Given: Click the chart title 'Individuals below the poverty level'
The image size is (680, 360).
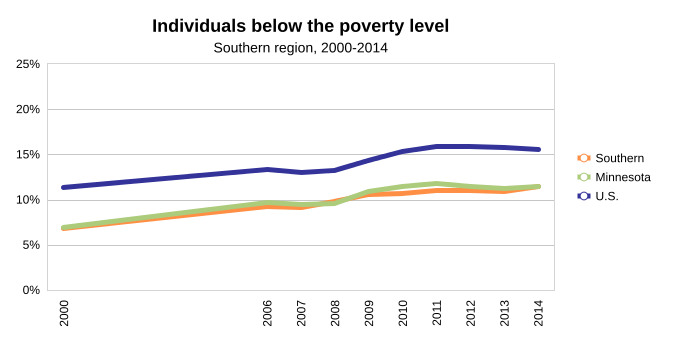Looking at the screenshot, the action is [x=300, y=26].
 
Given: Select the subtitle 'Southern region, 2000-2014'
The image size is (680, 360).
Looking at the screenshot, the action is [x=300, y=48].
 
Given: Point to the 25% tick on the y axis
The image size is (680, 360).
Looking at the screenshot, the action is [x=28, y=64].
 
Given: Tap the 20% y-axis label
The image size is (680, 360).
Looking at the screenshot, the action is [x=28, y=109].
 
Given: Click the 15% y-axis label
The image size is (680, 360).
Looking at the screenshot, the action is [x=28, y=154].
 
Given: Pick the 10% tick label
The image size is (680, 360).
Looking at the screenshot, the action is [x=28, y=200].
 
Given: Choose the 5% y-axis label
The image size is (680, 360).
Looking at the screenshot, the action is [x=31, y=245].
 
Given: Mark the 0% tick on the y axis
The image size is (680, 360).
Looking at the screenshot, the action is [x=31, y=290].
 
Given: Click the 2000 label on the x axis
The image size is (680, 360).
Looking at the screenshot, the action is [x=64, y=313].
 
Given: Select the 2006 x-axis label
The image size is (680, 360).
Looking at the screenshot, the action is [x=267, y=313].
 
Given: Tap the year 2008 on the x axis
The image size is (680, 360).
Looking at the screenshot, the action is [x=335, y=313].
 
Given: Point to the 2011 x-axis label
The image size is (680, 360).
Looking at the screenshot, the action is [x=437, y=313].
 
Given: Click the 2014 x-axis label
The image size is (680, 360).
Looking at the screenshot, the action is [x=538, y=313].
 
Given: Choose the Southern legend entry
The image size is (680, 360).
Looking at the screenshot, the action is [x=611, y=158].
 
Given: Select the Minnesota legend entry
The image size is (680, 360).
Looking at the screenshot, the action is [x=614, y=177].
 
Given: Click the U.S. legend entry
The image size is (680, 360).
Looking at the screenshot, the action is [x=598, y=196].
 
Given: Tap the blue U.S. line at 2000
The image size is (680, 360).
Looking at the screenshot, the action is [x=64, y=187].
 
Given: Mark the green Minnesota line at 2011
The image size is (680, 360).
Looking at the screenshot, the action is [x=437, y=184].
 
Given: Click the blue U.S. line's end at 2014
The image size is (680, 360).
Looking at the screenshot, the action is [x=538, y=149].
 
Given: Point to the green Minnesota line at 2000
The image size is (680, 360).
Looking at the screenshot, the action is [x=64, y=227].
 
